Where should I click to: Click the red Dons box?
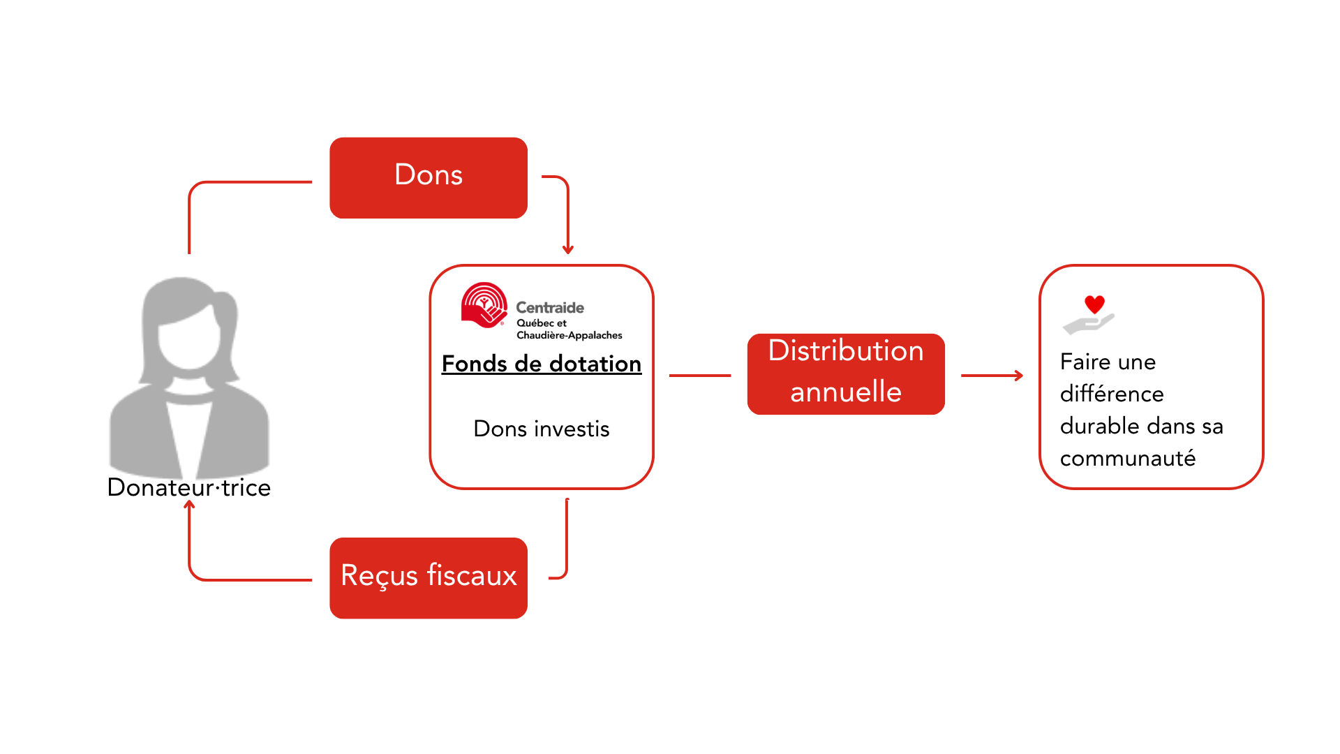click(x=428, y=177)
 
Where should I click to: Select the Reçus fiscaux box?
click(x=428, y=577)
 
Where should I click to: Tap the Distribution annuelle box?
click(x=845, y=374)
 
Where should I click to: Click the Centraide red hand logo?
click(x=483, y=305)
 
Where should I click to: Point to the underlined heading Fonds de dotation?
click(x=541, y=364)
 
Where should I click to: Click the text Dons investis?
click(x=541, y=429)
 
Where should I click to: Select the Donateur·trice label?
click(x=188, y=487)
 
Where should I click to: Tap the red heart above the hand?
click(x=1094, y=304)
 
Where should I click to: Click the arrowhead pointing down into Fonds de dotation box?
click(x=568, y=250)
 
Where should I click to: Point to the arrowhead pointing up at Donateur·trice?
click(x=189, y=505)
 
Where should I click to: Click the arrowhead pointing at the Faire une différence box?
click(x=1019, y=376)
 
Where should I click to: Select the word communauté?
click(x=1127, y=459)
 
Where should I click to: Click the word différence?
click(x=1111, y=394)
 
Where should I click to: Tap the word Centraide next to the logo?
click(x=549, y=308)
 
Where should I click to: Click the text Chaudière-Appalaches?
click(x=569, y=336)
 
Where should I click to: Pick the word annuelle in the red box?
click(x=845, y=392)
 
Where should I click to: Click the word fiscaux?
click(x=472, y=576)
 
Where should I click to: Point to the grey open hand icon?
click(x=1087, y=325)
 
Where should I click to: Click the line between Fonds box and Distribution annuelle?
click(x=699, y=376)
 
